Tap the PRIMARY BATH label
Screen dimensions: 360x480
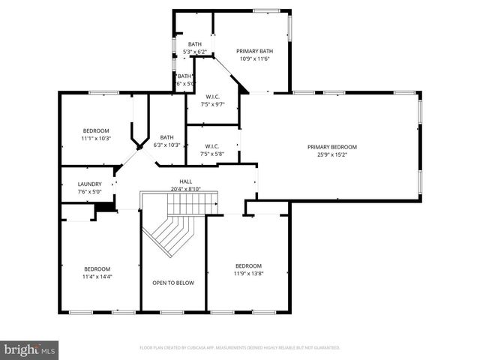(x=254, y=51)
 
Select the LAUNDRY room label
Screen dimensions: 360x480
(x=90, y=184)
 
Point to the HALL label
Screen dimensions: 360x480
(x=185, y=181)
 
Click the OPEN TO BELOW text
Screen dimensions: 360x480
(x=173, y=283)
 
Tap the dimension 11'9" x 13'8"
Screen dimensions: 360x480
(x=248, y=274)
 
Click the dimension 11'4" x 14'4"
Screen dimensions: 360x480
(x=97, y=277)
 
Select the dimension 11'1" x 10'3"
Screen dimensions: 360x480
(x=95, y=138)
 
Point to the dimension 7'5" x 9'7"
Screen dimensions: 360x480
(x=213, y=104)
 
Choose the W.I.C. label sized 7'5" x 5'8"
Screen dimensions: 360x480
(x=213, y=145)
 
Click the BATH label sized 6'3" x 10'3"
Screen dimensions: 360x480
(x=166, y=137)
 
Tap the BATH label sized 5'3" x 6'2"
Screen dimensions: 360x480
(x=195, y=44)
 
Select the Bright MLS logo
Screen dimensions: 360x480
(x=30, y=349)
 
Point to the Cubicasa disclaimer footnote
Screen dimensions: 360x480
(x=240, y=348)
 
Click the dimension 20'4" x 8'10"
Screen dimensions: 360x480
(x=185, y=189)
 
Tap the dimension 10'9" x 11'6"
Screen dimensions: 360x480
(x=254, y=58)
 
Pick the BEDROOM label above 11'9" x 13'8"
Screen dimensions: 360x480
(x=248, y=265)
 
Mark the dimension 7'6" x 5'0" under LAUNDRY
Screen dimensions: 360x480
(x=90, y=191)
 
